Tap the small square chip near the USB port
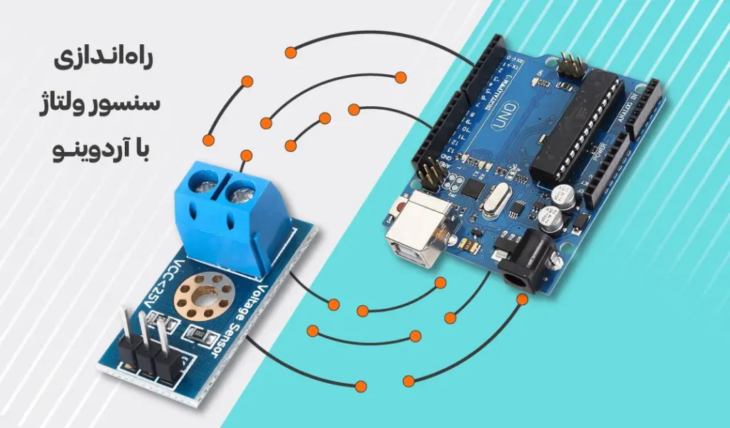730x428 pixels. click(x=471, y=187)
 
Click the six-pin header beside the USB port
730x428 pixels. click(x=428, y=173)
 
